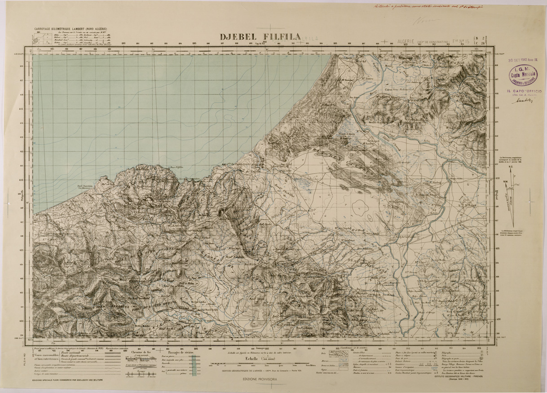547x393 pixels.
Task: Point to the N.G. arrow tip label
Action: [x=511, y=167]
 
